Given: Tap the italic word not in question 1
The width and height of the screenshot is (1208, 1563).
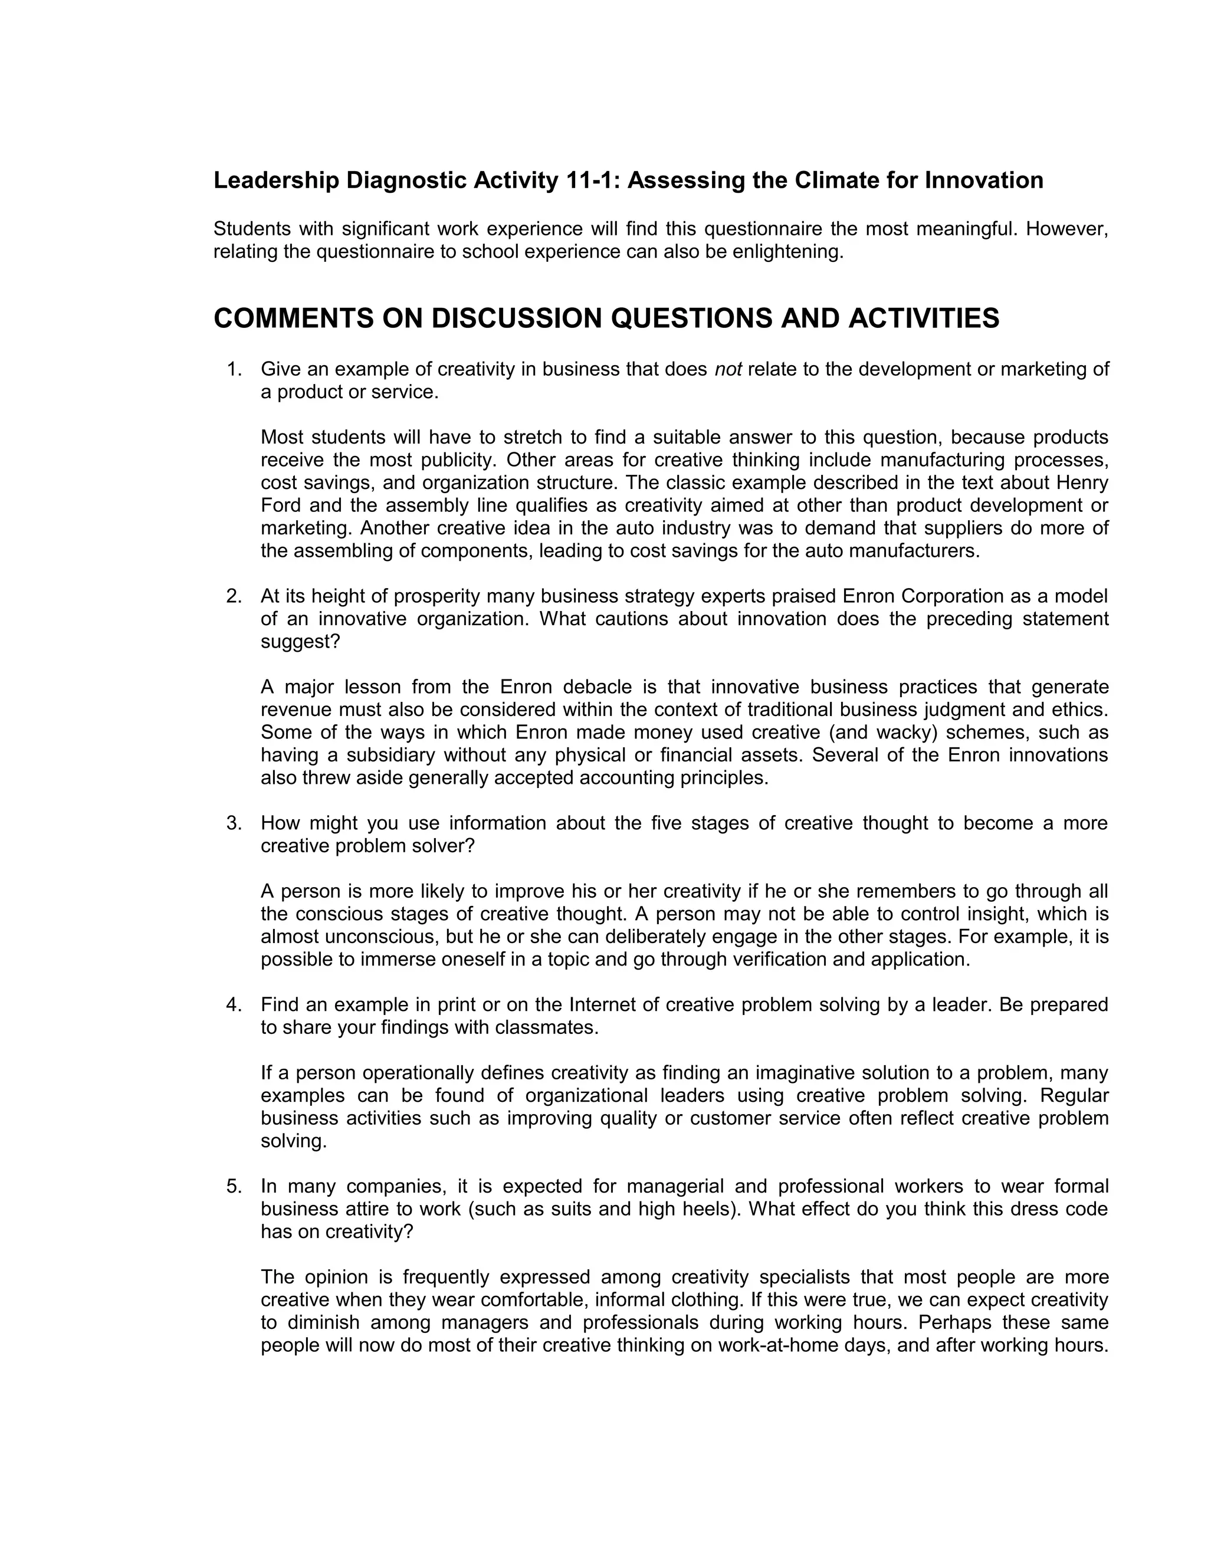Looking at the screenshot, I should point(728,369).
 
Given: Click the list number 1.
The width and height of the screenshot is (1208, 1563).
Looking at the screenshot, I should point(234,369).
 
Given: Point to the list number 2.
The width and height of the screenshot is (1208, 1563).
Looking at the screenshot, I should point(234,596).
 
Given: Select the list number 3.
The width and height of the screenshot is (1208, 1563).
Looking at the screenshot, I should point(234,823).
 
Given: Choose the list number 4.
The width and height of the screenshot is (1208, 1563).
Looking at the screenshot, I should point(234,1005).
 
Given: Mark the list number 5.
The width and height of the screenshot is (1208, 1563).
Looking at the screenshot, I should point(234,1187).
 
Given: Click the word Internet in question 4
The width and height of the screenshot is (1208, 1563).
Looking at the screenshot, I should point(604,1005).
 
